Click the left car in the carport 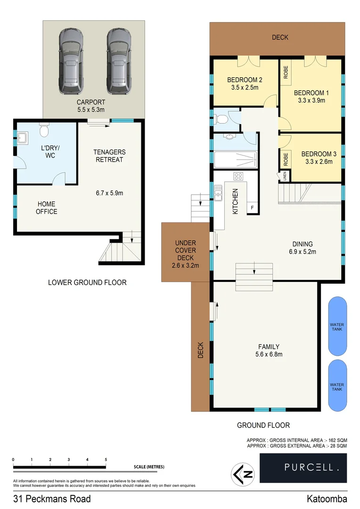[71, 61]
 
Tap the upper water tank [337, 326]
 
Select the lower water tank [337, 386]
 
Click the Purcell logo [303, 467]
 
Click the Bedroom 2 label [245, 80]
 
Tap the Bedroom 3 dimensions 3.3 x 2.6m [317, 161]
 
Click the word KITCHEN [235, 202]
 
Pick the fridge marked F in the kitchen [252, 208]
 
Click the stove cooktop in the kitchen [238, 177]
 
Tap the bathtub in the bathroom [235, 159]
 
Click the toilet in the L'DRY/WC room [43, 129]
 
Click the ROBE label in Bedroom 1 [286, 72]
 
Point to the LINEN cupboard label [285, 176]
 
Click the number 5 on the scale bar [106, 459]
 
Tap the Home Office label [46, 208]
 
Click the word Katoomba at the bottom [327, 499]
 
